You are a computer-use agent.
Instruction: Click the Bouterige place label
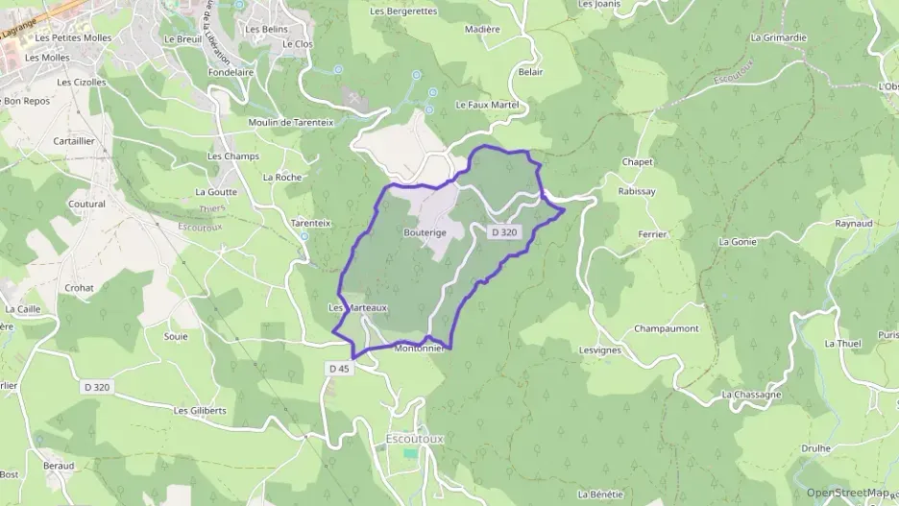point(425,233)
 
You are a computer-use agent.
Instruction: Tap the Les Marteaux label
point(357,307)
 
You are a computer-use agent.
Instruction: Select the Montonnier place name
point(419,349)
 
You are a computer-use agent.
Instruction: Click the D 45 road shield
point(338,368)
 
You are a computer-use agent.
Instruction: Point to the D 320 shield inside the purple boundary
point(504,231)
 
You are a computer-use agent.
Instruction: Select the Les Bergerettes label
point(403,11)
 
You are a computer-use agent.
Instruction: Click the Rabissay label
point(638,191)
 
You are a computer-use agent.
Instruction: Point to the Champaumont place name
point(667,328)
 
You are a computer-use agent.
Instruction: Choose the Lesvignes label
point(600,350)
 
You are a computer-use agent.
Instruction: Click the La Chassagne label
point(751,395)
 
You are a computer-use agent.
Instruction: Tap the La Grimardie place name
point(779,37)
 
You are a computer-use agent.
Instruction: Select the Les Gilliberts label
point(200,410)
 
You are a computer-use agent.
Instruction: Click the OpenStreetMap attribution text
point(847,493)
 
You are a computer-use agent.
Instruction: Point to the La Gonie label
point(738,242)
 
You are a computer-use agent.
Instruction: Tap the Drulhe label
point(816,448)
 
